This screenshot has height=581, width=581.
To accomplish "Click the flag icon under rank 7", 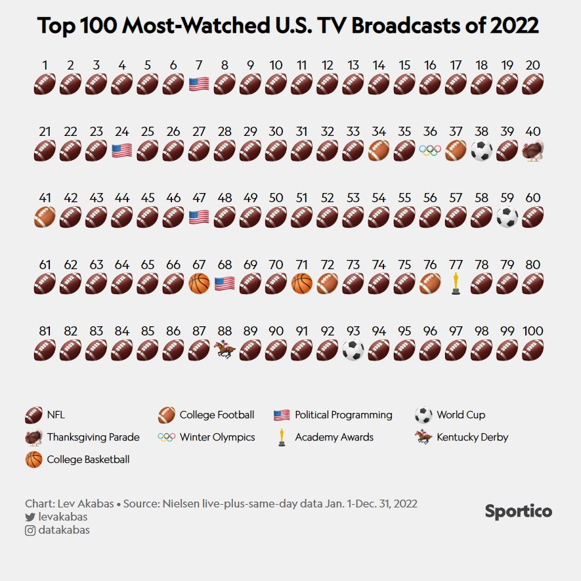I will pos(198,84).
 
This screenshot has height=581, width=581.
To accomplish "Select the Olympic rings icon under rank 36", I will pos(430,151).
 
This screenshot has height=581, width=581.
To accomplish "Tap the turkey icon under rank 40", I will pos(532,151).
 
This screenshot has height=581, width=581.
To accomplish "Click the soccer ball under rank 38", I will pos(481,151).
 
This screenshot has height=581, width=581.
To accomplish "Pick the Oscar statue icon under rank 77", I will pos(456,284).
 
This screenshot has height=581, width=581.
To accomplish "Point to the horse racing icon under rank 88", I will pos(224,351).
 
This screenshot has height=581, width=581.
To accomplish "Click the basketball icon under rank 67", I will pos(198,284).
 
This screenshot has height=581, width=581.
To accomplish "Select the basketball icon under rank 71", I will pos(301,284).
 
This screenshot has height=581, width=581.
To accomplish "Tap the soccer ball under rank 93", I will pos(353,351).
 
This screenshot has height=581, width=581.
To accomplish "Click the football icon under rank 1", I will pos(45,84).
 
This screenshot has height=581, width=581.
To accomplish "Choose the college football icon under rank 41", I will pos(45,217).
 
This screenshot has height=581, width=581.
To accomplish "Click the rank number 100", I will pos(532,331).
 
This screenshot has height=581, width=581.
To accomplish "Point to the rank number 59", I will pos(507,198).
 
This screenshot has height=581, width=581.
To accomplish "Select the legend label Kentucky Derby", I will pos(472,437).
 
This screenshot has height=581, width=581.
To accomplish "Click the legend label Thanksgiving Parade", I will pos(93,437).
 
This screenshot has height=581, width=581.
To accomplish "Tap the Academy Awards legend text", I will pos(334,437).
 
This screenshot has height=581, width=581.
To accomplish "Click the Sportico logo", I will pos(518,511).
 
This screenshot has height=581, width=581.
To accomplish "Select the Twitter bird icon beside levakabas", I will pos(30,517).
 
